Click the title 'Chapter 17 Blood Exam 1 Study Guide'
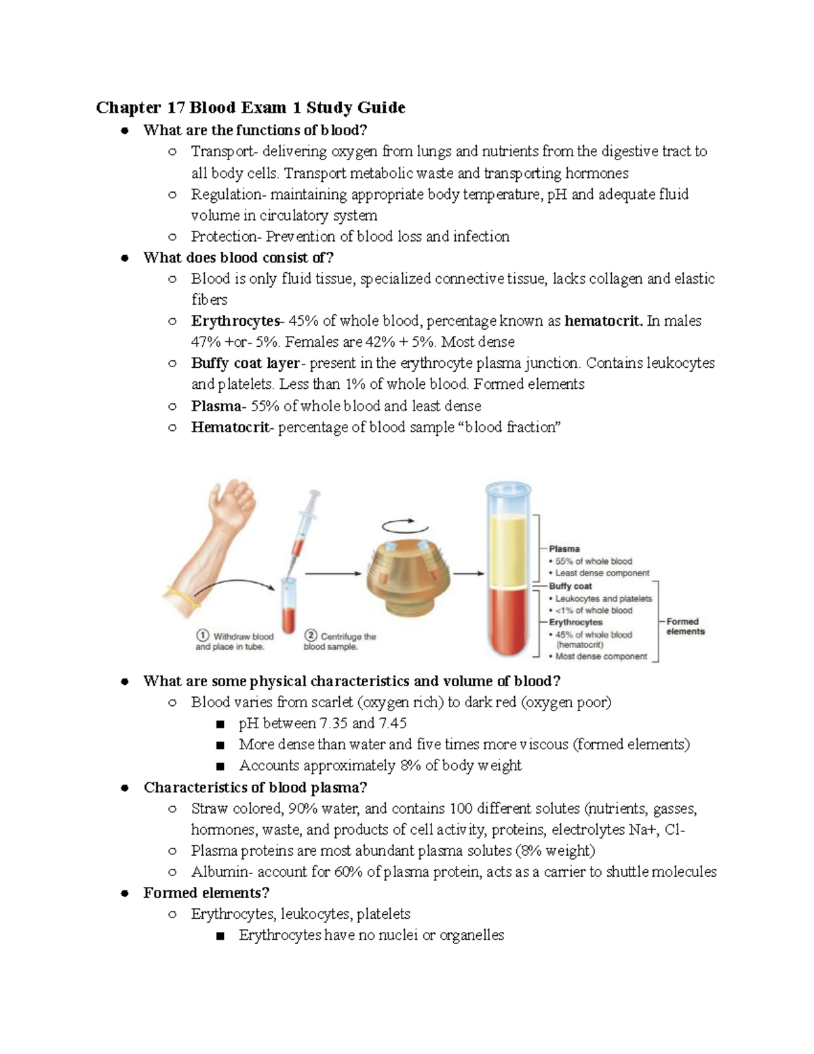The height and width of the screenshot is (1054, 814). pos(250,107)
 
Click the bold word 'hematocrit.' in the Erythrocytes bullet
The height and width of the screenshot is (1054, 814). pos(604,320)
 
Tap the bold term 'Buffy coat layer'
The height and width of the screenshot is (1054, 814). pos(245,363)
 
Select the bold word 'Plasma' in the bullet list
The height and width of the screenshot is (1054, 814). pos(216,406)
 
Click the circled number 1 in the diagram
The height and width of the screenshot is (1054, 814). pos(202,636)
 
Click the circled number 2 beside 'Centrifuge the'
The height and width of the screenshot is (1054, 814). pos(311,636)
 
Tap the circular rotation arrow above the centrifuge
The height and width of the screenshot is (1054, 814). pos(405,526)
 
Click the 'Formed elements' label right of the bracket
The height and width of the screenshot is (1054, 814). pos(685,626)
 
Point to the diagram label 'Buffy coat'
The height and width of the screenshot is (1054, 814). pos(570,586)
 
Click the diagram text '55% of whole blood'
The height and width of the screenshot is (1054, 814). pos(594,561)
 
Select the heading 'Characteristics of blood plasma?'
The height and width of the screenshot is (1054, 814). pos(255,787)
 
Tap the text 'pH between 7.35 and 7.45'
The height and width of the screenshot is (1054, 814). pos(322,723)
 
